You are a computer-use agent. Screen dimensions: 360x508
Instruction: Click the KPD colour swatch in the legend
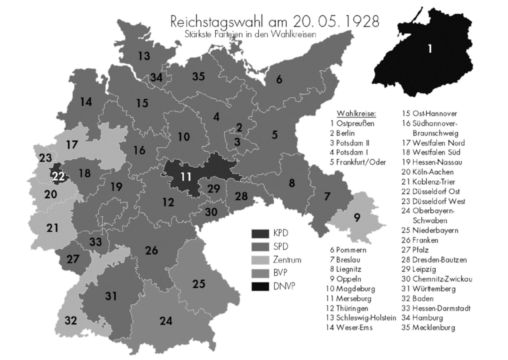click(260, 234)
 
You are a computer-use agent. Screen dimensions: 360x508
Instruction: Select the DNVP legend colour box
click(260, 286)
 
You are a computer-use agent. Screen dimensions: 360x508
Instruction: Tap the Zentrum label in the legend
click(287, 260)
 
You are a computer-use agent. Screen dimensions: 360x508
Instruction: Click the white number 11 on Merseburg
click(186, 177)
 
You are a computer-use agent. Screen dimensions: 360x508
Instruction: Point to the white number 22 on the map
click(58, 177)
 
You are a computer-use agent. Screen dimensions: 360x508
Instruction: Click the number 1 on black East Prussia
click(430, 49)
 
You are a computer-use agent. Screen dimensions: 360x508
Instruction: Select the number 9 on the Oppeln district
click(357, 217)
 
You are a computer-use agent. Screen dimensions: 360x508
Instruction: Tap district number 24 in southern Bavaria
click(166, 321)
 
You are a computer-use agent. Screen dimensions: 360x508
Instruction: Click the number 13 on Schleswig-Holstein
click(144, 56)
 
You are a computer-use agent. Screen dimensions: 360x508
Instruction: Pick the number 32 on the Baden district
click(71, 320)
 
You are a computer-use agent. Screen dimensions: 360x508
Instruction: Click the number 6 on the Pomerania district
click(279, 79)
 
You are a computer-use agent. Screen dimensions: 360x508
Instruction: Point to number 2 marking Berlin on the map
click(239, 127)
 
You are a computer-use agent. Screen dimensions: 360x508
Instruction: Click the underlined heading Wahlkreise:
click(356, 113)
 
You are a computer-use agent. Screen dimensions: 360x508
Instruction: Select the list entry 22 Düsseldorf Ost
click(430, 192)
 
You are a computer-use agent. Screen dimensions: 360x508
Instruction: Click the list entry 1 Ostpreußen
click(352, 123)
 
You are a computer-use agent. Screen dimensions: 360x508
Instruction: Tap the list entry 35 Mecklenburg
click(428, 328)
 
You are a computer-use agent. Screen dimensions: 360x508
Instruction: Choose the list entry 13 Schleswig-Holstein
click(361, 318)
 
